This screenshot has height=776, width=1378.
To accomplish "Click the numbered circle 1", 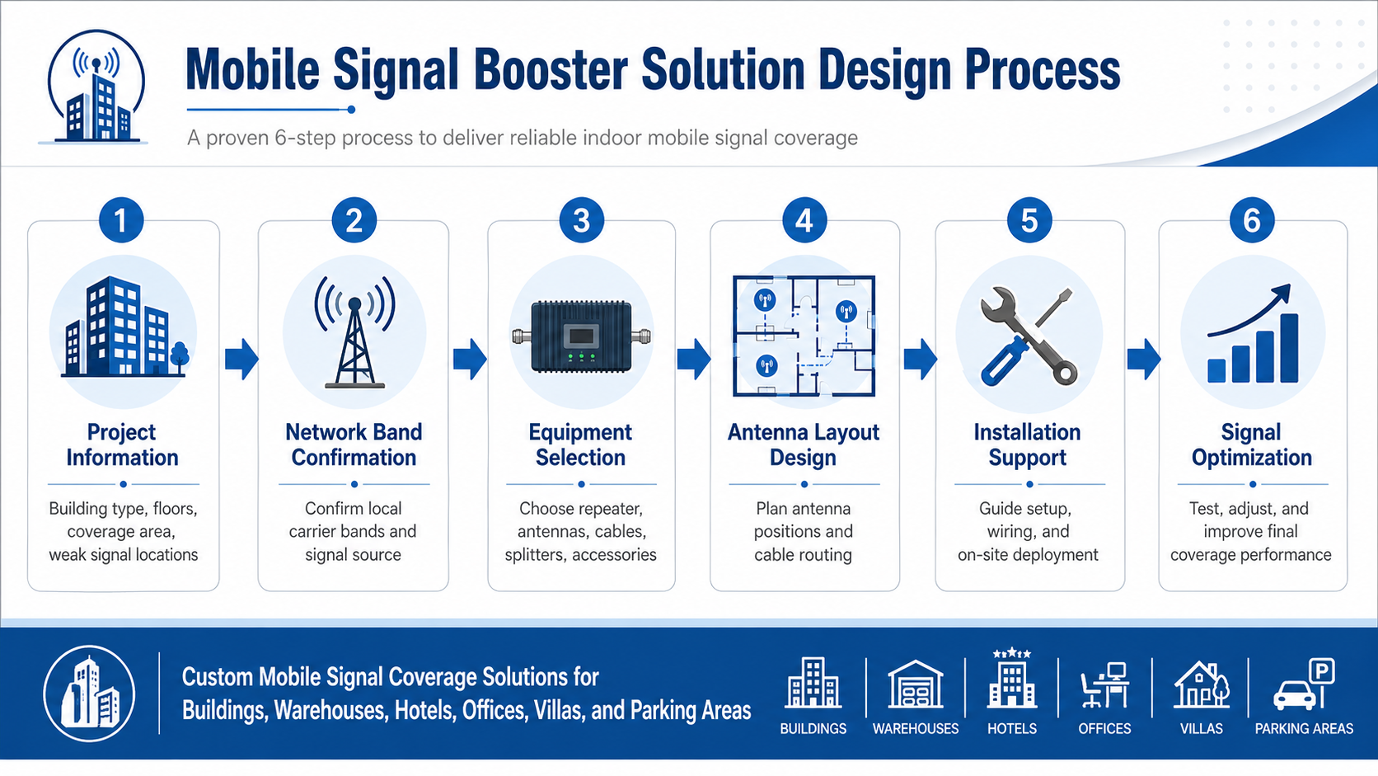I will [121, 221].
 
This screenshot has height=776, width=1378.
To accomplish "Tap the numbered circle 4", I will [804, 221].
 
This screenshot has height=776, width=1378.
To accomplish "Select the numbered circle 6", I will [1251, 221].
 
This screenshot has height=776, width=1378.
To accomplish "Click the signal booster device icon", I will [581, 336].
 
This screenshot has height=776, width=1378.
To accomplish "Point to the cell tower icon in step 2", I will [354, 333].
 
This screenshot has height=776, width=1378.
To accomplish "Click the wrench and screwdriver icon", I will [1028, 336].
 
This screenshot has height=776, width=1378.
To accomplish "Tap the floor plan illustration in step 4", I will [804, 336].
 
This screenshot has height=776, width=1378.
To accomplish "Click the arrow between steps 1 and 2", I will [241, 359].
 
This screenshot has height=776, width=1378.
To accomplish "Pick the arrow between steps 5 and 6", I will [1143, 359].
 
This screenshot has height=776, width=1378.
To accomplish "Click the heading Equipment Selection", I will [580, 444].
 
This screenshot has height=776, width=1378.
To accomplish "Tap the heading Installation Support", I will [1027, 444].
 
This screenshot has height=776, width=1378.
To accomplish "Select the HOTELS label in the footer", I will [1012, 728].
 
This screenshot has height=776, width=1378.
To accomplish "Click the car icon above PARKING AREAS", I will [1296, 695].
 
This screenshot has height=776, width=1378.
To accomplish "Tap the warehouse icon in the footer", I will [915, 684].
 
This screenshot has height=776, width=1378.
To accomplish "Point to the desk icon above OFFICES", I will [1104, 685].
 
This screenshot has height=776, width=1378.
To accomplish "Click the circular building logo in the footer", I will [89, 693].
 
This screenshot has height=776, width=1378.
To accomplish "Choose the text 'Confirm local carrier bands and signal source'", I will [353, 532].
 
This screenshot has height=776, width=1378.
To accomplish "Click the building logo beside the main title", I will [96, 88].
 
